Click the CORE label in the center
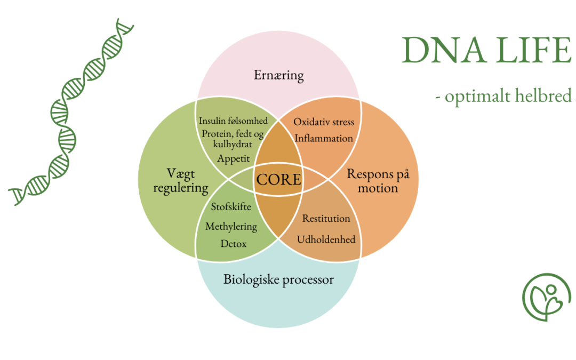(279, 180)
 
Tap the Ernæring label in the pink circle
(279, 75)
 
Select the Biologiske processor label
(278, 279)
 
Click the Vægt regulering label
(181, 181)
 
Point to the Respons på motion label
(378, 181)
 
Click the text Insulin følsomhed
(233, 121)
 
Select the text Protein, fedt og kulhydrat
(233, 139)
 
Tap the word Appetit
(233, 159)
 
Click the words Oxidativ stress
(324, 122)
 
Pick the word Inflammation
(324, 138)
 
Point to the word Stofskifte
(231, 206)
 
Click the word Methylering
(231, 226)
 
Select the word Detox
(233, 244)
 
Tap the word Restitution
(326, 219)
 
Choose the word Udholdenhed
(326, 239)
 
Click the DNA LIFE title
(487, 50)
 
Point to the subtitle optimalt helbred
(508, 96)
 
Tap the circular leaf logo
(547, 297)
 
